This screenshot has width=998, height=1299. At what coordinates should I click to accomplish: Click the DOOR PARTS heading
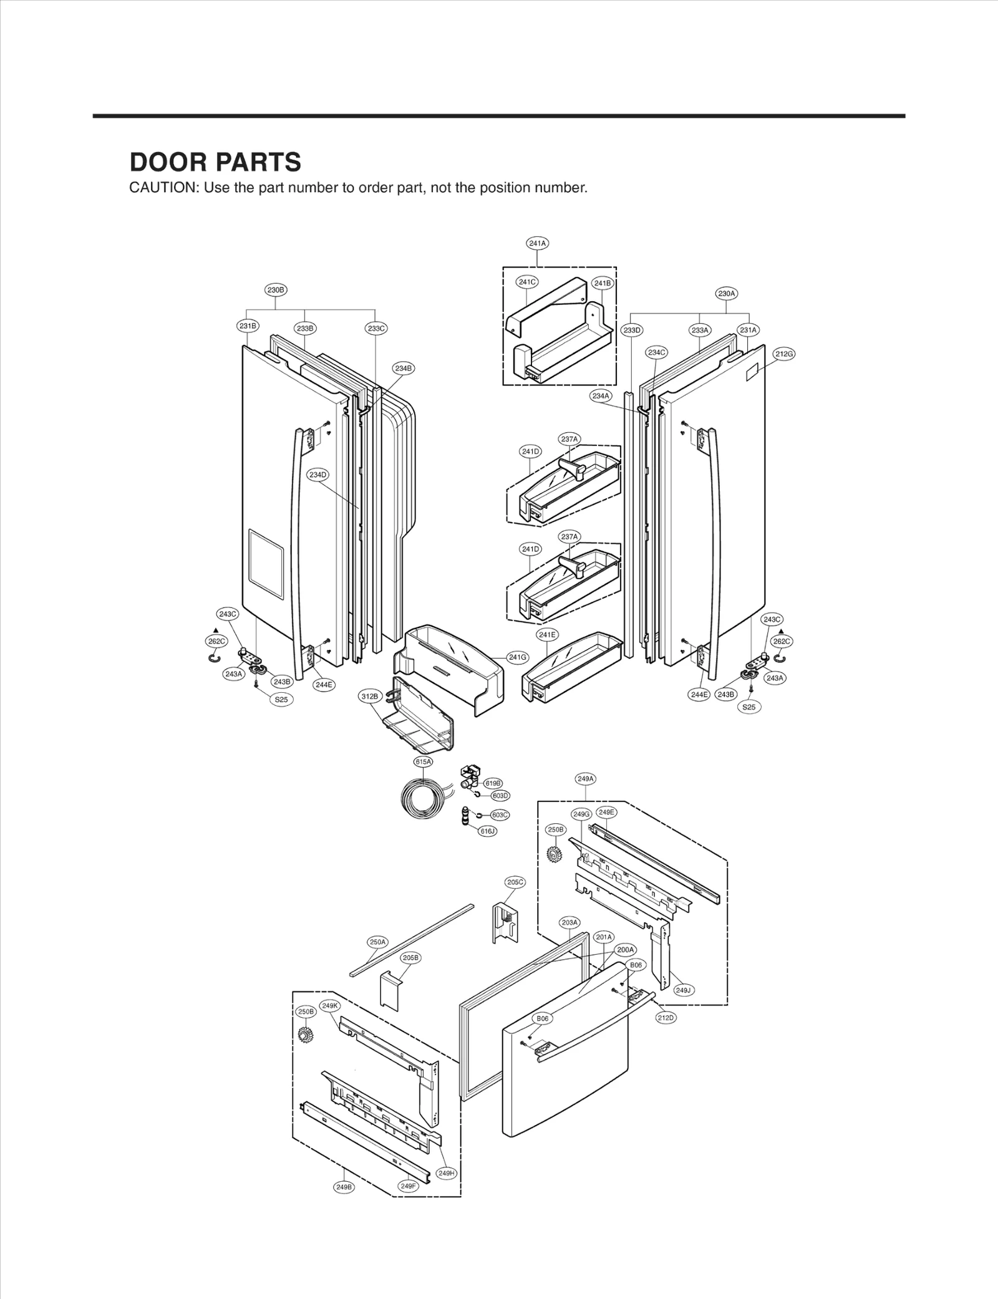[215, 162]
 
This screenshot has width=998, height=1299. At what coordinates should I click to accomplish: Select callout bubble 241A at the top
[538, 243]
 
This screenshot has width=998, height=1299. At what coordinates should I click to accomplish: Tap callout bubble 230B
[276, 290]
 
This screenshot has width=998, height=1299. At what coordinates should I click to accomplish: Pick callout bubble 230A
[727, 293]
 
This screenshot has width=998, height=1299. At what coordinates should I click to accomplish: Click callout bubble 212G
[784, 354]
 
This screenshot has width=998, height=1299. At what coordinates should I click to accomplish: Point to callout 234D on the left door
[317, 475]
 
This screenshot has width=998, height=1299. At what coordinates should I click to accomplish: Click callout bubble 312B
[369, 697]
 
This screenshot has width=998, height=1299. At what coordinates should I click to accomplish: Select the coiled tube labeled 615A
[422, 800]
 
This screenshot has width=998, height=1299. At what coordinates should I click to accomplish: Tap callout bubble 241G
[518, 657]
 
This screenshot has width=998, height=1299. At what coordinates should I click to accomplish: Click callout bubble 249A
[586, 779]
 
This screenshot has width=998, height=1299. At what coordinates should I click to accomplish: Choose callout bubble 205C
[515, 882]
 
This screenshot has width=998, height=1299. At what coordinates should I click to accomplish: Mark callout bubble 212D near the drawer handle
[666, 1018]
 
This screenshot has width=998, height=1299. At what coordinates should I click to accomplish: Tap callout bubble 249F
[408, 1186]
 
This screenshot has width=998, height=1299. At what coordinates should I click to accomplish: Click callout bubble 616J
[488, 831]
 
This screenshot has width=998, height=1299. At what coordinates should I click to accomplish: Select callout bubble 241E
[547, 635]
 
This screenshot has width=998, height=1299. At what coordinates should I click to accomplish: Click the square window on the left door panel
[266, 564]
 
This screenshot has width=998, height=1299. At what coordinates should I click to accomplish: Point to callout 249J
[684, 990]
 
